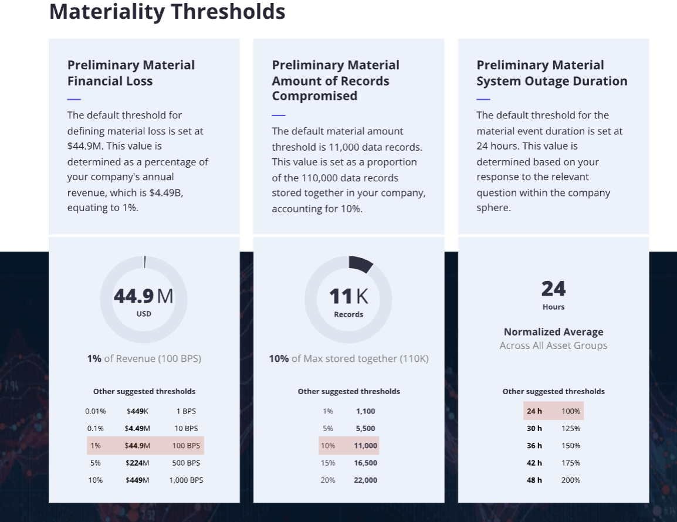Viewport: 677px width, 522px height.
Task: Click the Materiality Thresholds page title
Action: click(x=167, y=12)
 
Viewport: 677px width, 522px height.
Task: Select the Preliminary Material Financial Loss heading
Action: click(x=131, y=73)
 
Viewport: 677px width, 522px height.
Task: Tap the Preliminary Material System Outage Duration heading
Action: click(x=551, y=73)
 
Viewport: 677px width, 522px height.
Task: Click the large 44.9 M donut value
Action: click(x=144, y=297)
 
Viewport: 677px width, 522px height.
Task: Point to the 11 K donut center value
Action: click(x=348, y=297)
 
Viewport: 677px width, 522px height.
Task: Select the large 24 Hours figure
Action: click(x=553, y=289)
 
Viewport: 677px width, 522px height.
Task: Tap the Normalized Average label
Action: click(x=553, y=332)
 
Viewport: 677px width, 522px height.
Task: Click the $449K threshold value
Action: click(x=137, y=411)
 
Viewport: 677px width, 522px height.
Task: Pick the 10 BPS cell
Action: click(x=186, y=428)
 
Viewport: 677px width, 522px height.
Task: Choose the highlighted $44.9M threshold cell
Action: click(x=137, y=446)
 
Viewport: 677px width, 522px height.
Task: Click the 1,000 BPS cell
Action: click(x=186, y=480)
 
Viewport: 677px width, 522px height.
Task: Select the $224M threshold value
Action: click(x=137, y=463)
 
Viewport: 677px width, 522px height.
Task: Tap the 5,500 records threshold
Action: click(x=365, y=428)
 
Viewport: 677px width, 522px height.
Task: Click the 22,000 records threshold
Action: click(x=365, y=480)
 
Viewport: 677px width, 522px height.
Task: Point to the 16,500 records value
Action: click(x=365, y=463)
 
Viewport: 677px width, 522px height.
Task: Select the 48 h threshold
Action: click(x=534, y=480)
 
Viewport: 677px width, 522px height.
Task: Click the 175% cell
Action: click(x=570, y=463)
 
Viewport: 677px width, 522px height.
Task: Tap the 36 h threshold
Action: click(x=534, y=446)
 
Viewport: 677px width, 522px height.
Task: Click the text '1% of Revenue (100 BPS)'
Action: click(x=144, y=358)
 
